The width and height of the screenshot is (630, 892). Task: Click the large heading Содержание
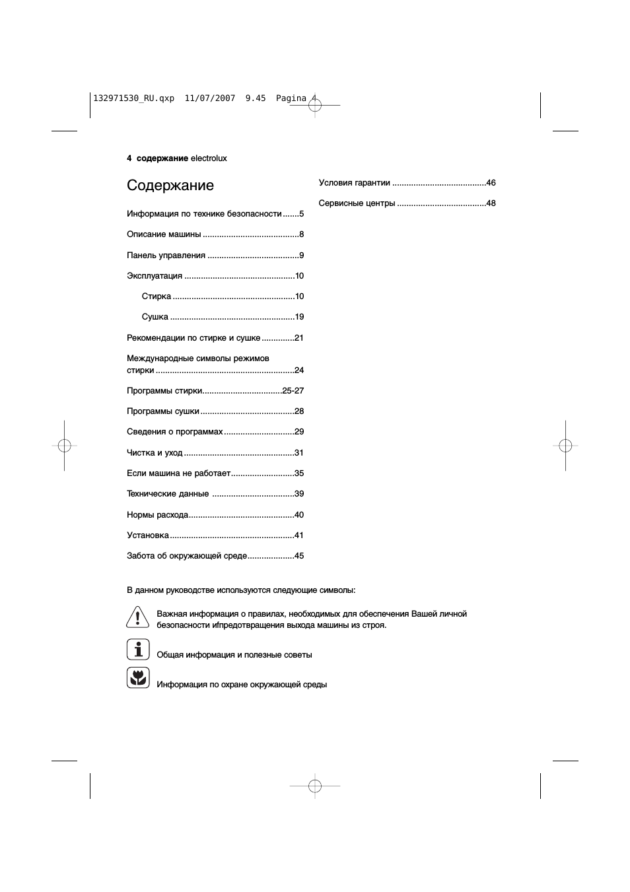pos(170,186)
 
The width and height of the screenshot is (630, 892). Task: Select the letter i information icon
pos(138,650)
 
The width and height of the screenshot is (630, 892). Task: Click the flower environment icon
pos(138,677)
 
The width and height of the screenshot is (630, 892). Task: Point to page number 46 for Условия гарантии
pos(491,183)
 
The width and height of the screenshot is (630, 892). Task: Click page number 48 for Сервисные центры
pos(491,203)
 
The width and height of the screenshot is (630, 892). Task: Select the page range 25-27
pos(293,391)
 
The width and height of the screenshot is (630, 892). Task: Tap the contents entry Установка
pos(148,535)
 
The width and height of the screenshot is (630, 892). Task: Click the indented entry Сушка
pos(155,317)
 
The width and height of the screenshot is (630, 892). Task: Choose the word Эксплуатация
pos(155,276)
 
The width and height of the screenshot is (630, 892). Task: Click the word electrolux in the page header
pos(209,158)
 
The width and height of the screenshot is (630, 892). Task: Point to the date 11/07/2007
pos(210,98)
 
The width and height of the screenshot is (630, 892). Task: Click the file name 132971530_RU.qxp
pos(134,98)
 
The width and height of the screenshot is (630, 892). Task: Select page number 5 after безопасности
pos(301,214)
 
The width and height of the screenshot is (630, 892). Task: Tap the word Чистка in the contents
pos(140,453)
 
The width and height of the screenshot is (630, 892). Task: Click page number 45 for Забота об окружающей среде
pos(299,556)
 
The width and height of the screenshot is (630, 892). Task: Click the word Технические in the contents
pos(149,494)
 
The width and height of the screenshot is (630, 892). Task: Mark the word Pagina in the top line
pos(291,98)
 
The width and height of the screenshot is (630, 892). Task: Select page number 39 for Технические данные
pos(299,494)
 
